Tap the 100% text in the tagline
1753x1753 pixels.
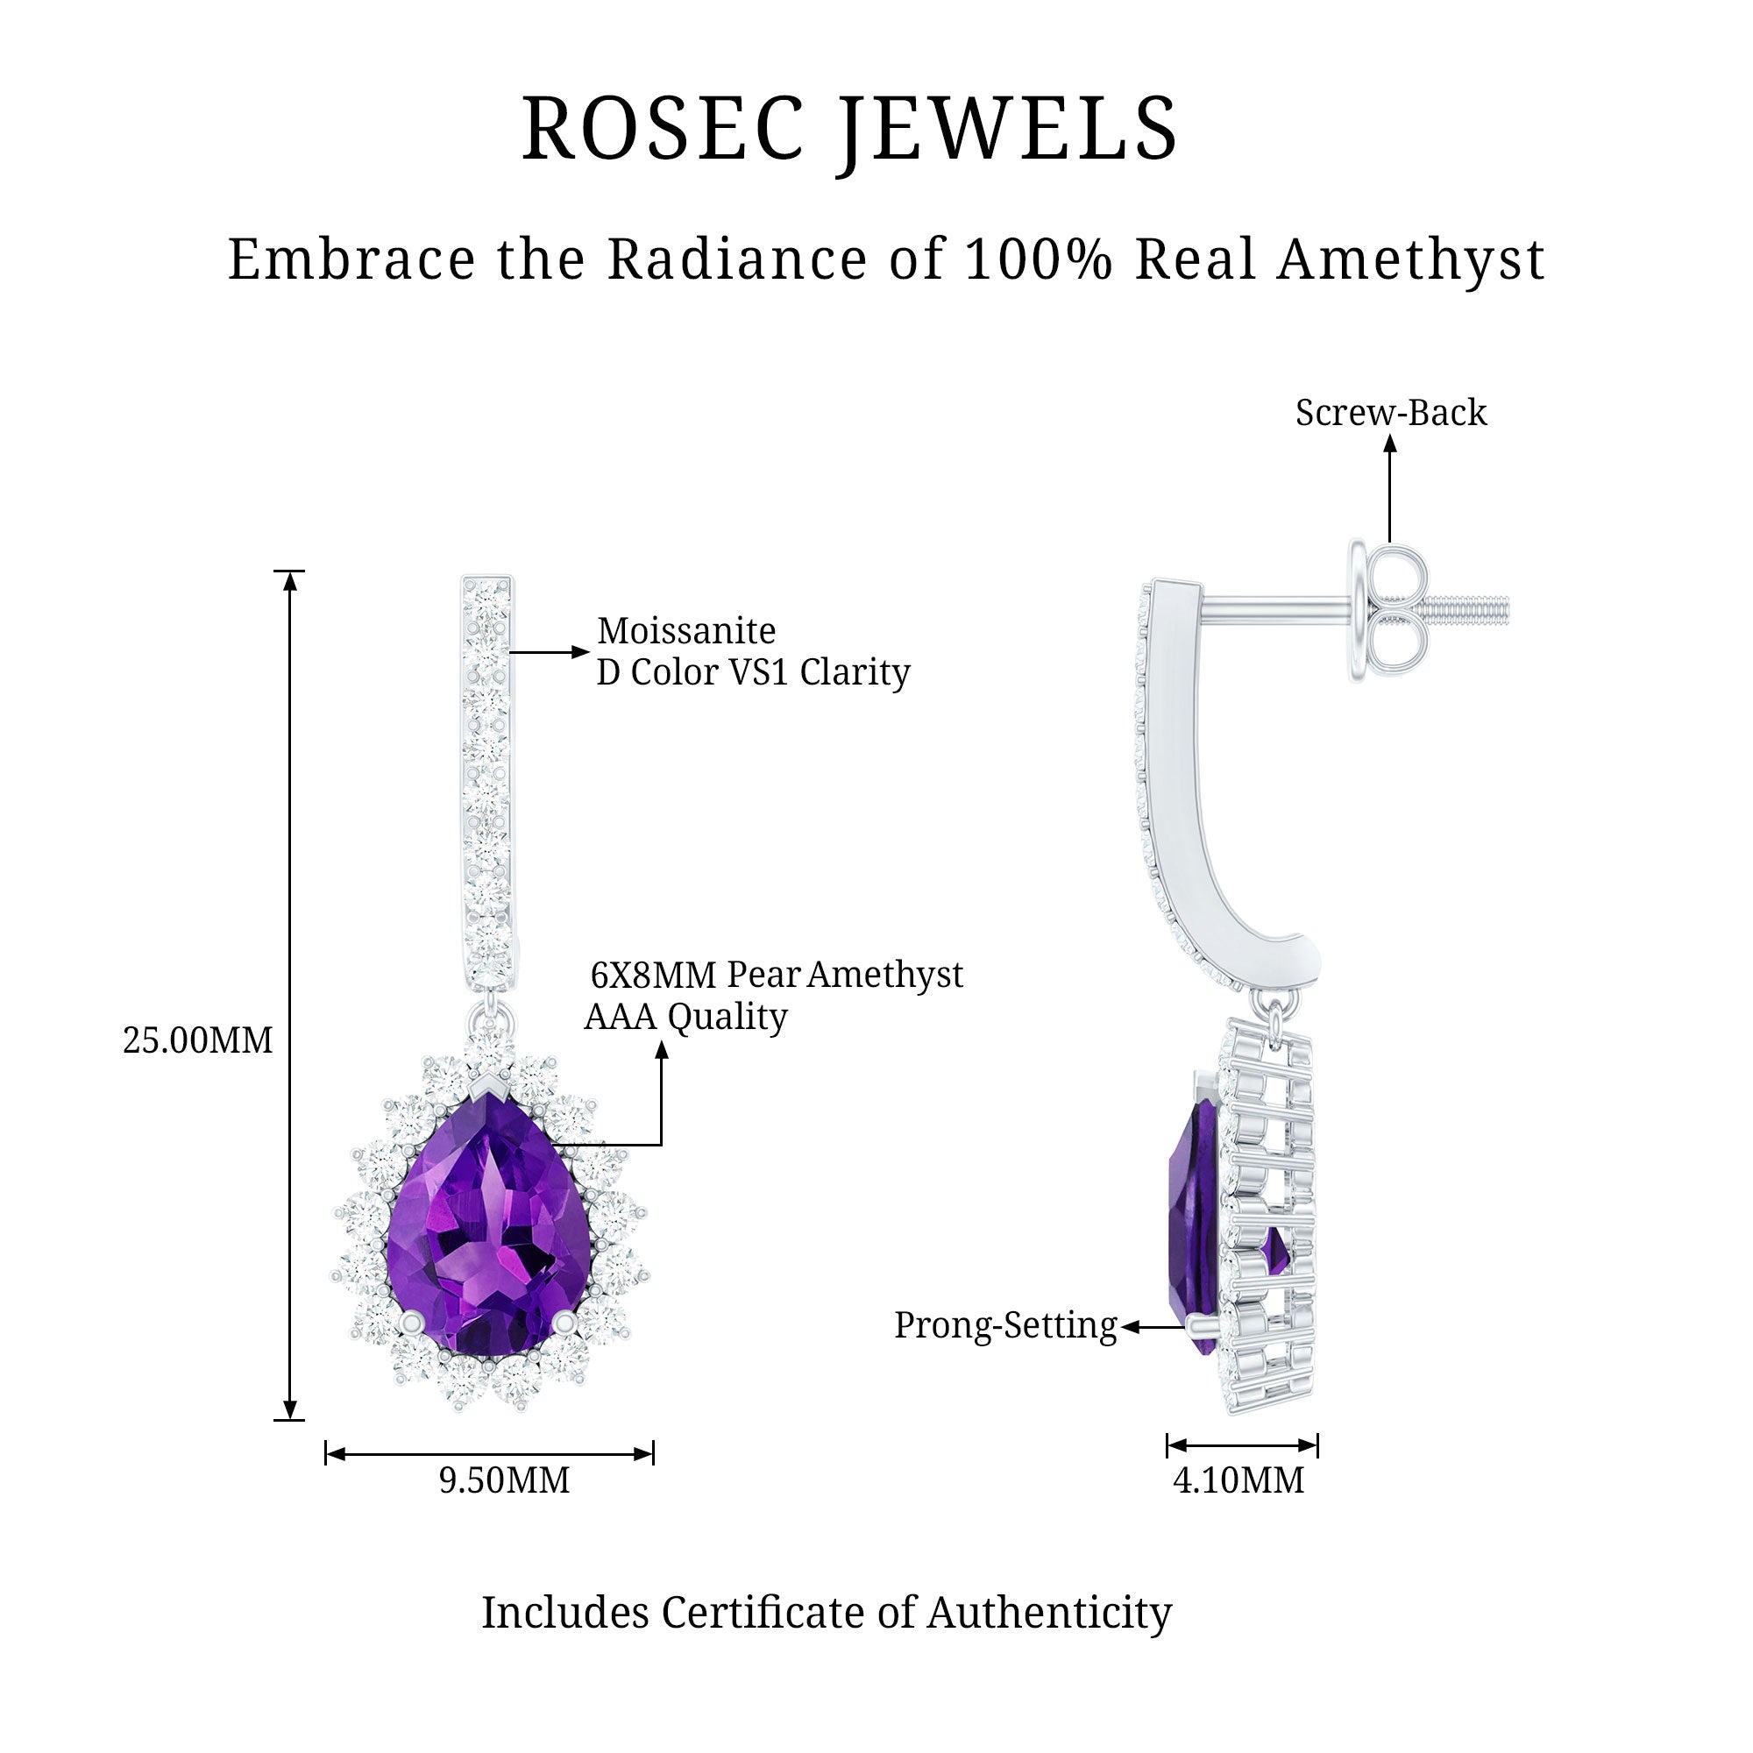coord(1038,259)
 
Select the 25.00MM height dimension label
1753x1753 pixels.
coord(198,1040)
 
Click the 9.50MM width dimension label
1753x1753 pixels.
coord(505,1480)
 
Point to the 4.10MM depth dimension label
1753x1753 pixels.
coord(1238,1480)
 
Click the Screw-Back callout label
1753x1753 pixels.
coord(1390,413)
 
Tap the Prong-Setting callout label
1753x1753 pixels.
coord(1005,1325)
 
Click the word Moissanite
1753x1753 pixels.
coord(686,630)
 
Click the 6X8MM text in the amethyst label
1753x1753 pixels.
coord(654,976)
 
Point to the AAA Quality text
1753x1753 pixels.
coord(685,1017)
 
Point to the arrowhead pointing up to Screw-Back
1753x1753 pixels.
coord(1390,443)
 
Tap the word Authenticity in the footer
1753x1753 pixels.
coord(1049,1614)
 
